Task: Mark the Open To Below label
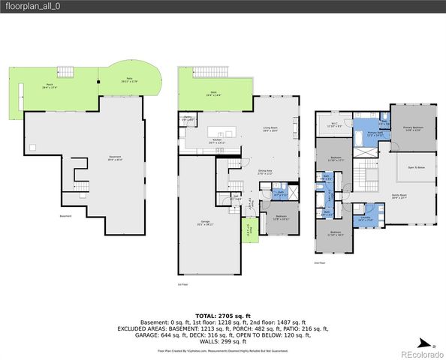(x=416, y=168)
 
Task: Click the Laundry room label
(x=365, y=219)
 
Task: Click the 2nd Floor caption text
(x=320, y=263)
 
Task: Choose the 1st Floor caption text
(x=182, y=285)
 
